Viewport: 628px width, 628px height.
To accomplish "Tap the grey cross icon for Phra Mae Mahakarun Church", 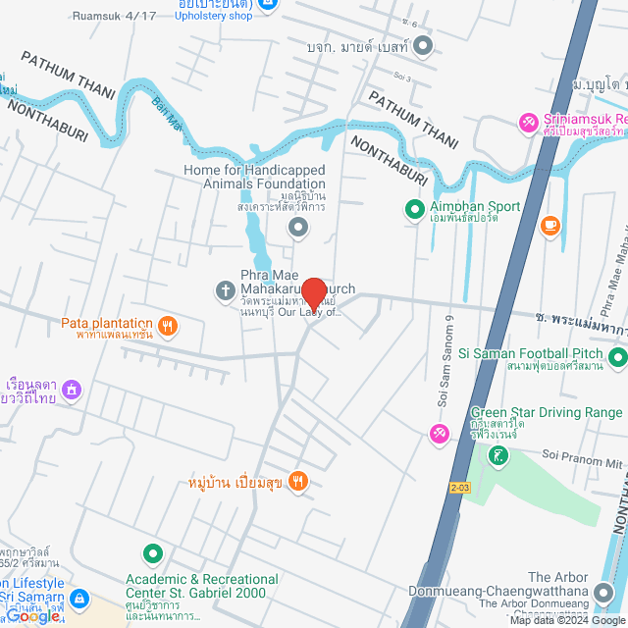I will tap(225, 290).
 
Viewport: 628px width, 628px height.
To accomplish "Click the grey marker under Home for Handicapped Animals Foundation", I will tap(298, 229).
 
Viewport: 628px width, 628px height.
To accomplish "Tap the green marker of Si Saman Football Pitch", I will tap(617, 357).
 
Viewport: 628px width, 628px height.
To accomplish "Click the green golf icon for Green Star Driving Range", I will tap(500, 454).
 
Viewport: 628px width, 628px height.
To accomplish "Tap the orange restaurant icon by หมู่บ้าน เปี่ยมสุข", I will tap(299, 481).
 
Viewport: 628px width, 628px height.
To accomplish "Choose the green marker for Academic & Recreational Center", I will tap(152, 554).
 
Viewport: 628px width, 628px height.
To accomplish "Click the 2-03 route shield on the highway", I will tap(460, 486).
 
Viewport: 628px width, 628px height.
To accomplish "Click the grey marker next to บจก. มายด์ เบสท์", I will tap(423, 45).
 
